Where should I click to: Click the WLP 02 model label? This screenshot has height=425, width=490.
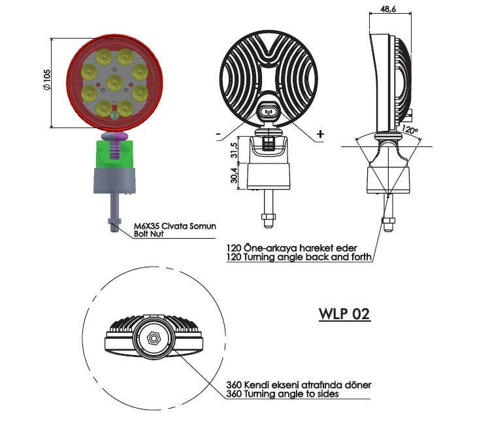click(x=344, y=314)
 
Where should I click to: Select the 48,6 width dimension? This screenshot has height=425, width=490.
click(x=388, y=8)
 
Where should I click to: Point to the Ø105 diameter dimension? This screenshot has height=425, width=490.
click(x=46, y=80)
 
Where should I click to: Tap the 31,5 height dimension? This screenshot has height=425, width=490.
click(x=233, y=150)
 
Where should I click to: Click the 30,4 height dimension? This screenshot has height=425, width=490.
click(x=233, y=175)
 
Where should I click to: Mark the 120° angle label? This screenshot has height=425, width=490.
click(x=410, y=129)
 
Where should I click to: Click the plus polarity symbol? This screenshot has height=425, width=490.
click(x=320, y=134)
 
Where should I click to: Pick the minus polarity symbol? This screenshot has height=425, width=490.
click(x=218, y=134)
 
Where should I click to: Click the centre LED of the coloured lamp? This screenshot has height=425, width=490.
click(x=114, y=82)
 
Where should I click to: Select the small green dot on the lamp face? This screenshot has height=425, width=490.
click(x=115, y=116)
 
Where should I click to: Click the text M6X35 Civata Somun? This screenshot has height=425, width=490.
click(x=174, y=226)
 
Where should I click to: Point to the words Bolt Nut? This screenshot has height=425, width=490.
click(x=148, y=233)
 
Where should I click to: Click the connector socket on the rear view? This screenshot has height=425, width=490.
click(x=268, y=112)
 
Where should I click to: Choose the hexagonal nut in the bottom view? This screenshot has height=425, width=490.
click(x=154, y=338)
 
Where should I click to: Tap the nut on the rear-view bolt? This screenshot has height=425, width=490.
click(x=269, y=216)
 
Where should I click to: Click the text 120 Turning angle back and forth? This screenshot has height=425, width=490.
click(x=299, y=257)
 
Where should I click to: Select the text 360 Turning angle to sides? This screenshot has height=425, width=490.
click(x=282, y=394)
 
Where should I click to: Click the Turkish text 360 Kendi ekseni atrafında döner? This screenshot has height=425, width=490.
click(x=299, y=384)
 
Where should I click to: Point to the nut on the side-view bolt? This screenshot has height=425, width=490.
click(x=388, y=221)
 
